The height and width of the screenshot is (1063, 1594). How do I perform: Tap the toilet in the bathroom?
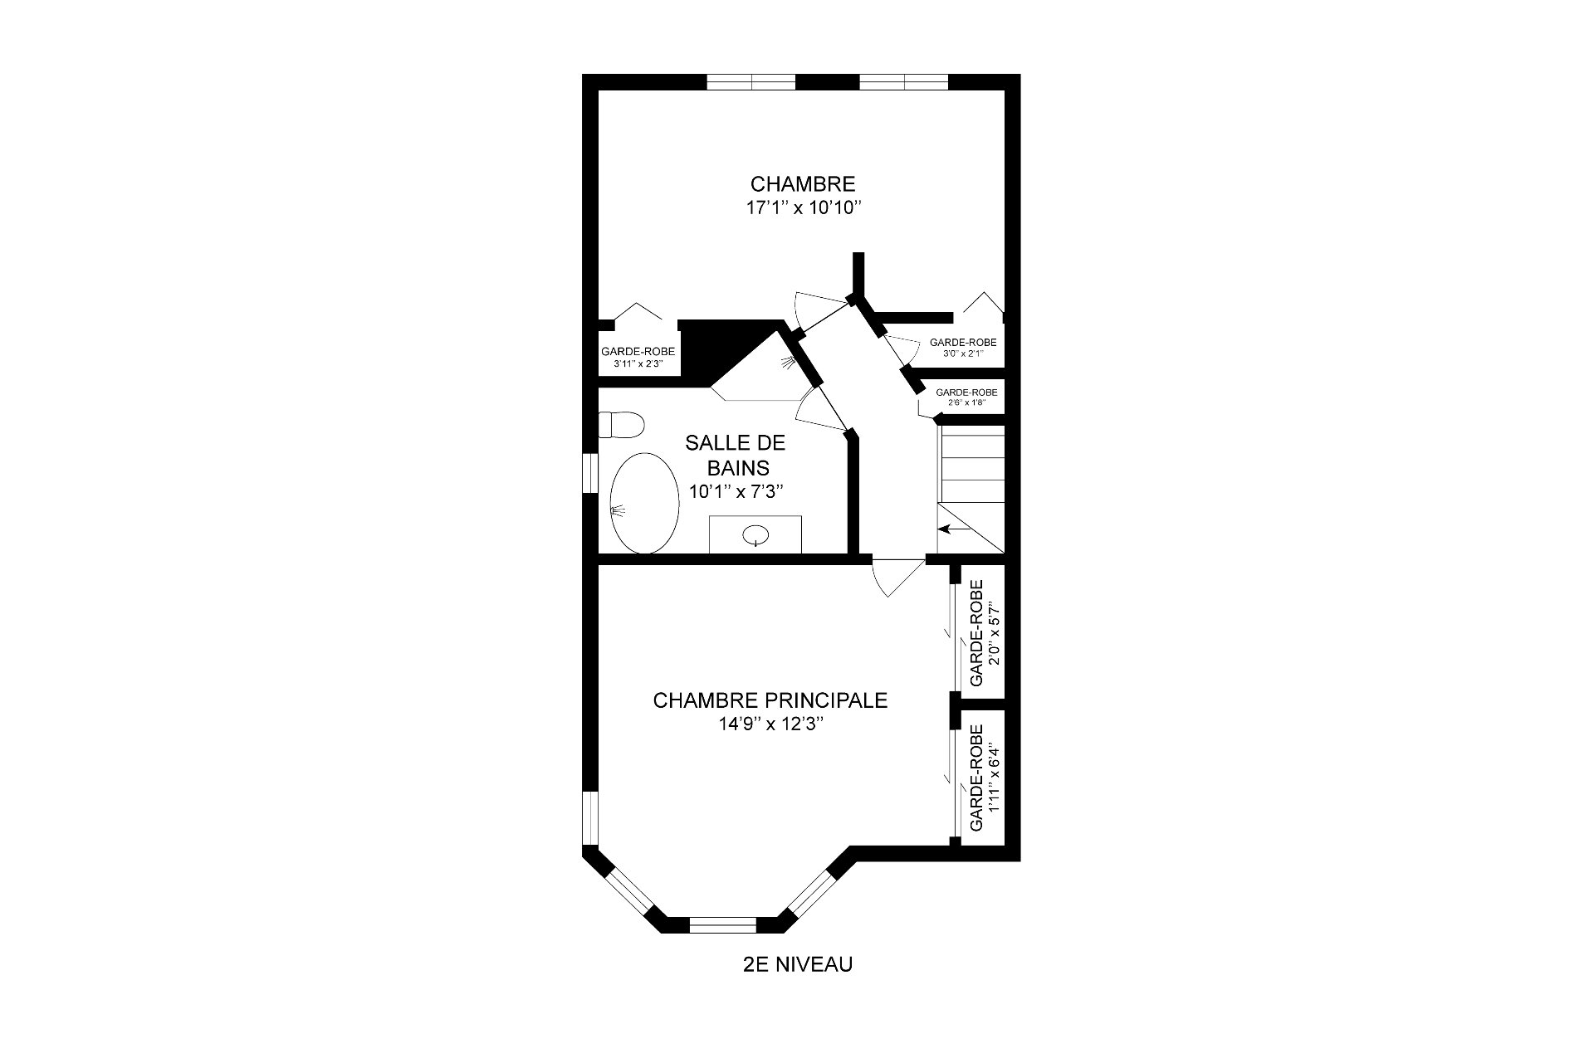621,426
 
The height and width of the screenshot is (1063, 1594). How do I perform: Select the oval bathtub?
645,504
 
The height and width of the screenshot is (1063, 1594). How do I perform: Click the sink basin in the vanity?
755,535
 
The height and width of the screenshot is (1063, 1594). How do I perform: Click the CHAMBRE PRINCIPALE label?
770,700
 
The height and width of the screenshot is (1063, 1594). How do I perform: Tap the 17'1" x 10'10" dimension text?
800,207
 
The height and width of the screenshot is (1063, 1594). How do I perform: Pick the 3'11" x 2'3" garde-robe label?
638,357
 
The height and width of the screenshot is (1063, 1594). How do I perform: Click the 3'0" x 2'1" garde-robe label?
963,347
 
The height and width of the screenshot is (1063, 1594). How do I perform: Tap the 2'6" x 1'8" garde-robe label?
966,397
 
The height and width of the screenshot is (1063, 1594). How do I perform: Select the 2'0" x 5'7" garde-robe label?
983,633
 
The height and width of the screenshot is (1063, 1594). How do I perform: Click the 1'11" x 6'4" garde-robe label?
983,778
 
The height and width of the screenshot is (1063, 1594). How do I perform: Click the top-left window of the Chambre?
751,81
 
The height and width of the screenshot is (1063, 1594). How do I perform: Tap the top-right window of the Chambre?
903,81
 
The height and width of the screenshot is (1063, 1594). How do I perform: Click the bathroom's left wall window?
591,473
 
